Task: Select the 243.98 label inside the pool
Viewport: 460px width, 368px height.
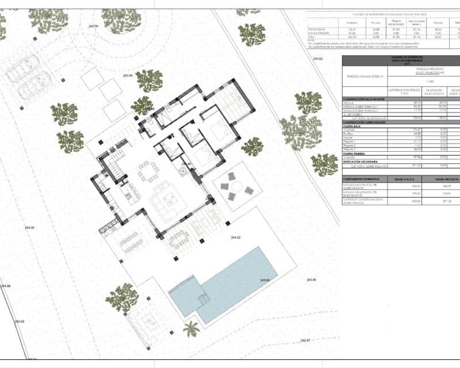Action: [x=264, y=280]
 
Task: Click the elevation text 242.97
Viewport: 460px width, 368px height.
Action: [x=305, y=340]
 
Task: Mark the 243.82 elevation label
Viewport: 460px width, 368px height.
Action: [x=317, y=59]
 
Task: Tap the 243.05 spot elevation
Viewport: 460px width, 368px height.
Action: [x=29, y=228]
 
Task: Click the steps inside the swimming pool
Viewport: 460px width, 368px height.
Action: [x=202, y=300]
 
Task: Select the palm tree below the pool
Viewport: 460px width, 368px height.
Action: [x=191, y=329]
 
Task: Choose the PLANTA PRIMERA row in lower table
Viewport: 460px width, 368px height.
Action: [x=356, y=153]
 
